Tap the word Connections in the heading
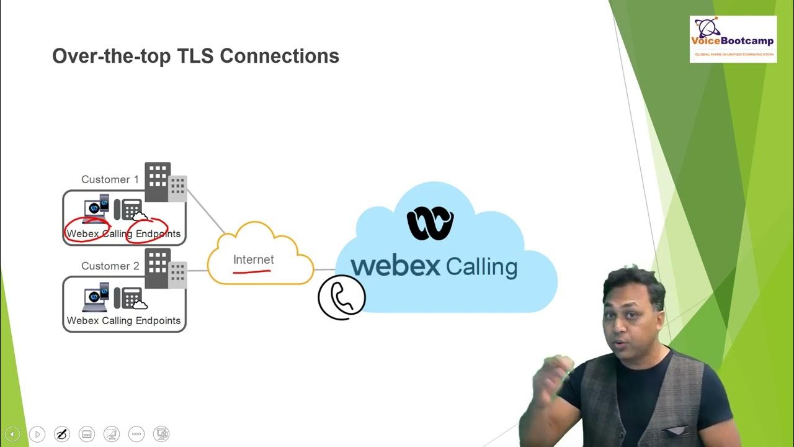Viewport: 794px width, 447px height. (x=280, y=56)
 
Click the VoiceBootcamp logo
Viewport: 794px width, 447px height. (x=733, y=39)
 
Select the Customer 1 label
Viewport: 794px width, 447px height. (x=110, y=179)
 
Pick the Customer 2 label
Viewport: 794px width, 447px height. (x=110, y=266)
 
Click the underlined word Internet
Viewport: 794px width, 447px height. (x=253, y=260)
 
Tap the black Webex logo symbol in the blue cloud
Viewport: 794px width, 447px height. (x=430, y=224)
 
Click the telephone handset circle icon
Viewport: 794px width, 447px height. (x=341, y=297)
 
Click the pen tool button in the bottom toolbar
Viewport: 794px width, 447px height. (x=62, y=434)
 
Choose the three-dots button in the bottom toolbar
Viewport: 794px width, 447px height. (x=136, y=434)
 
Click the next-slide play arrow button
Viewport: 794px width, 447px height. (x=37, y=434)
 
